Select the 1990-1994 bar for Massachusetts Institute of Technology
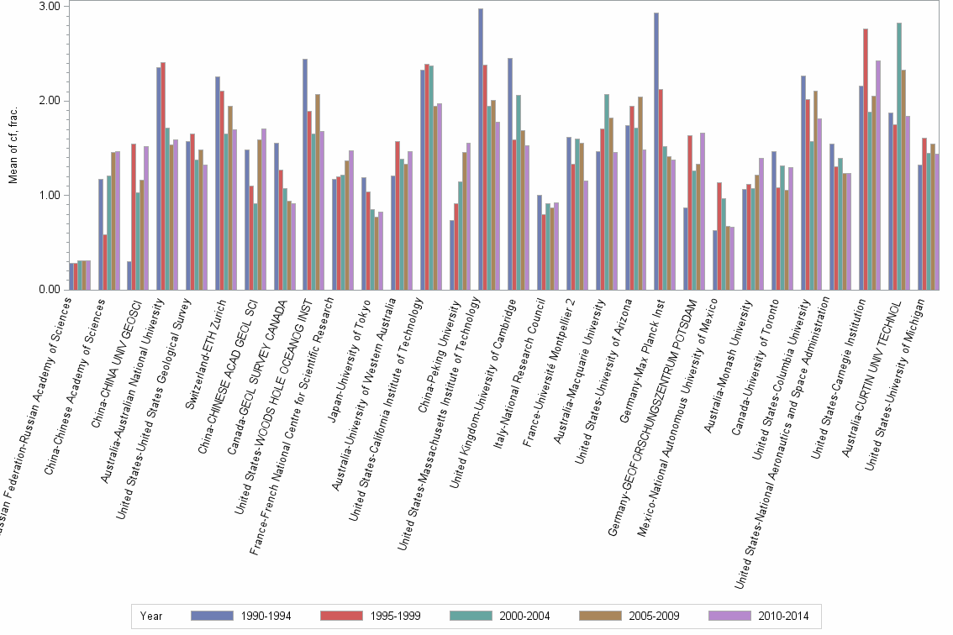(481, 150)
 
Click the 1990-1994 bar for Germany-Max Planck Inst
(656, 151)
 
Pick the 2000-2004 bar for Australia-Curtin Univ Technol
(899, 156)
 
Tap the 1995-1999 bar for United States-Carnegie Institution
(866, 160)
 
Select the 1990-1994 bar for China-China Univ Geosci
(129, 276)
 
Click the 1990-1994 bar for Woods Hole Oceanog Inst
(305, 175)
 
